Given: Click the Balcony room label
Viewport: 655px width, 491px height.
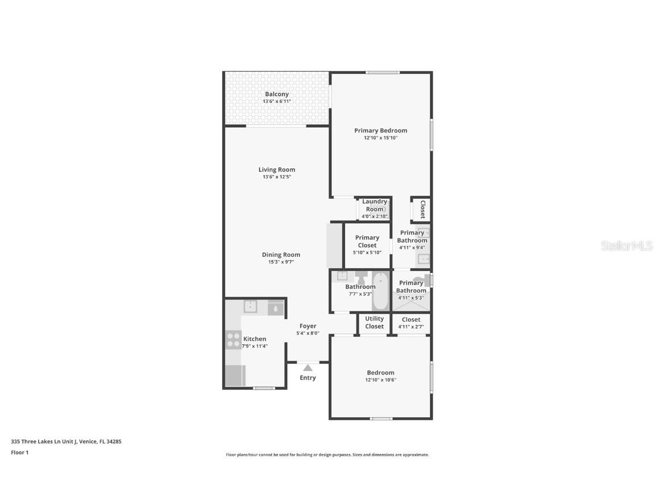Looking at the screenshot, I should click(x=277, y=94).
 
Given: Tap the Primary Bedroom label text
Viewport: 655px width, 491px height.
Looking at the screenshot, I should click(x=380, y=131).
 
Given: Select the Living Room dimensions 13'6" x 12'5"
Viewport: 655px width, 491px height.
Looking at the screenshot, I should click(x=277, y=177).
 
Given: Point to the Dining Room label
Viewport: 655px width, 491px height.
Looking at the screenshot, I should click(x=281, y=255).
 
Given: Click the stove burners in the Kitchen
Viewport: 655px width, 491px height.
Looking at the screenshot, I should click(x=234, y=340).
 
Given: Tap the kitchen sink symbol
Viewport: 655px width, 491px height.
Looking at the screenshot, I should click(x=251, y=306).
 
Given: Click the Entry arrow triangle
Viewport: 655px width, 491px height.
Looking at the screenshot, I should click(x=308, y=368).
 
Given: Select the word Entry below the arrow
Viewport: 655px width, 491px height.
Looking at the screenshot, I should click(x=308, y=378).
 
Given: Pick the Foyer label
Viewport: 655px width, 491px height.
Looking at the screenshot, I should click(x=308, y=326).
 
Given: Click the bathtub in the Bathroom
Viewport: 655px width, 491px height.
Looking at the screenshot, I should click(x=380, y=291).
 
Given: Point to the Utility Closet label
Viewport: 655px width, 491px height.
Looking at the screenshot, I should click(x=374, y=322).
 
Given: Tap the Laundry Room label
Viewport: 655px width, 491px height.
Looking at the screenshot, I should click(x=375, y=205).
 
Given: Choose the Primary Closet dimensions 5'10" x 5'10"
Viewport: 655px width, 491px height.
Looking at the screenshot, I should click(x=367, y=252).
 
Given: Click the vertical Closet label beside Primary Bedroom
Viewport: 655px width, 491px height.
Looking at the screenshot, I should click(x=422, y=209).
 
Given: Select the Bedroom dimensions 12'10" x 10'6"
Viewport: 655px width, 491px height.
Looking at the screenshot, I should click(x=380, y=380).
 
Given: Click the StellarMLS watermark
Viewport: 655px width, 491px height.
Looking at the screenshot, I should click(x=624, y=246).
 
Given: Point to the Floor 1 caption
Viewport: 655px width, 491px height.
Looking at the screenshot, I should click(x=19, y=453).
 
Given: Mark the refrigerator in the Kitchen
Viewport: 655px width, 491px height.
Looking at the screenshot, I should click(x=235, y=376).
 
